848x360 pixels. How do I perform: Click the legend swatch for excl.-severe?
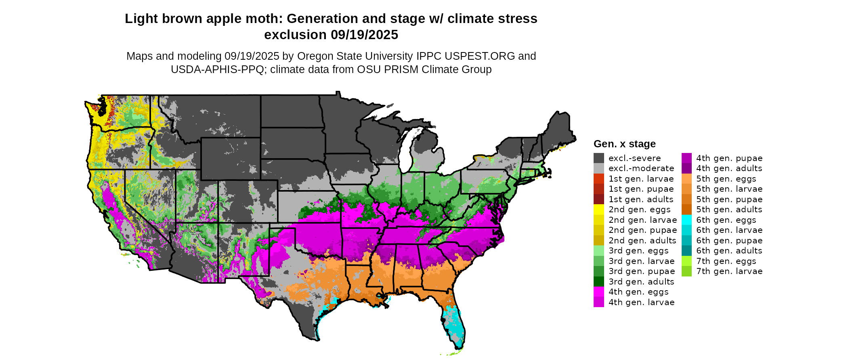coord(599,158)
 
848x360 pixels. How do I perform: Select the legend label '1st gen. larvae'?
coord(641,179)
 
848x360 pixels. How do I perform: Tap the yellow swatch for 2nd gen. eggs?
coord(599,209)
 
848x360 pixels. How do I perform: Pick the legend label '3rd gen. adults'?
coord(641,282)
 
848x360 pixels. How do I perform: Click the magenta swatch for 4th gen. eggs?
coord(599,292)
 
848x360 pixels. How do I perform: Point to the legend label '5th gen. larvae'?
coord(729,189)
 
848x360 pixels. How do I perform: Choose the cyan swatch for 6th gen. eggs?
coord(686,220)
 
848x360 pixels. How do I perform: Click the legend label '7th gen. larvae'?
coord(729,271)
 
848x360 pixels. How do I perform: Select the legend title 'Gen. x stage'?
coord(624,144)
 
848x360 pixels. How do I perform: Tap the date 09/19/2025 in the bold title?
coord(364,35)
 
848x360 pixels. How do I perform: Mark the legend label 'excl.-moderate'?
coord(641,168)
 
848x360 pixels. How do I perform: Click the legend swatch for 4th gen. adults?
coord(686,168)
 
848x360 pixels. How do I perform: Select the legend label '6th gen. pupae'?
coord(729,241)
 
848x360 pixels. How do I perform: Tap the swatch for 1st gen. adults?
coord(599,199)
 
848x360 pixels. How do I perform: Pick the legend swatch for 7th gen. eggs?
coord(686,261)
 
